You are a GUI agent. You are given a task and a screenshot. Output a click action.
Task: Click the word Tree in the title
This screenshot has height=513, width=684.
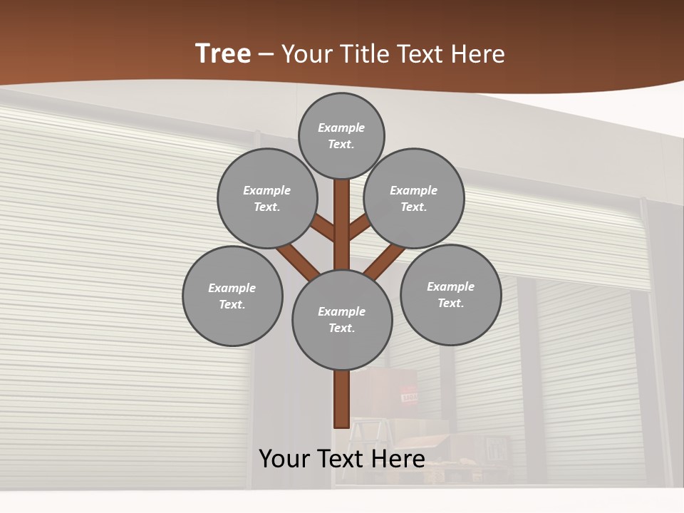(x=223, y=54)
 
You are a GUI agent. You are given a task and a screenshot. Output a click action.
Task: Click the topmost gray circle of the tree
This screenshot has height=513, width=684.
(x=341, y=135)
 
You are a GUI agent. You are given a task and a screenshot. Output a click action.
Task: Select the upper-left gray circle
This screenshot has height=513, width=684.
(x=266, y=198)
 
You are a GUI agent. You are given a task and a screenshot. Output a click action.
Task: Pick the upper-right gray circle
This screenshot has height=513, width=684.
(x=414, y=198)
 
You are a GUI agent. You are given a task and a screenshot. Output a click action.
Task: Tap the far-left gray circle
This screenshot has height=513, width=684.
(x=232, y=296)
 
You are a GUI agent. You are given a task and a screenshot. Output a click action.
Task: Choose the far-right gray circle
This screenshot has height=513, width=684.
(x=450, y=294)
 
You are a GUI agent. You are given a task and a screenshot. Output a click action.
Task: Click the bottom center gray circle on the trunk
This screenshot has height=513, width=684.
(x=342, y=319)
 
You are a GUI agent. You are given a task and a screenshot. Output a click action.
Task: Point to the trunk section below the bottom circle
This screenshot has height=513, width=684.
(x=341, y=399)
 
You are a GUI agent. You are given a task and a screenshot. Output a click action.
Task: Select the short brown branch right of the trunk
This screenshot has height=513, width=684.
(x=359, y=227)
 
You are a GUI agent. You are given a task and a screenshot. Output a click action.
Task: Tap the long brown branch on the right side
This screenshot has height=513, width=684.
(x=385, y=261)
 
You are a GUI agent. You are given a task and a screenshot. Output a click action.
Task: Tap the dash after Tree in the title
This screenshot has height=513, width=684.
(x=266, y=55)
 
